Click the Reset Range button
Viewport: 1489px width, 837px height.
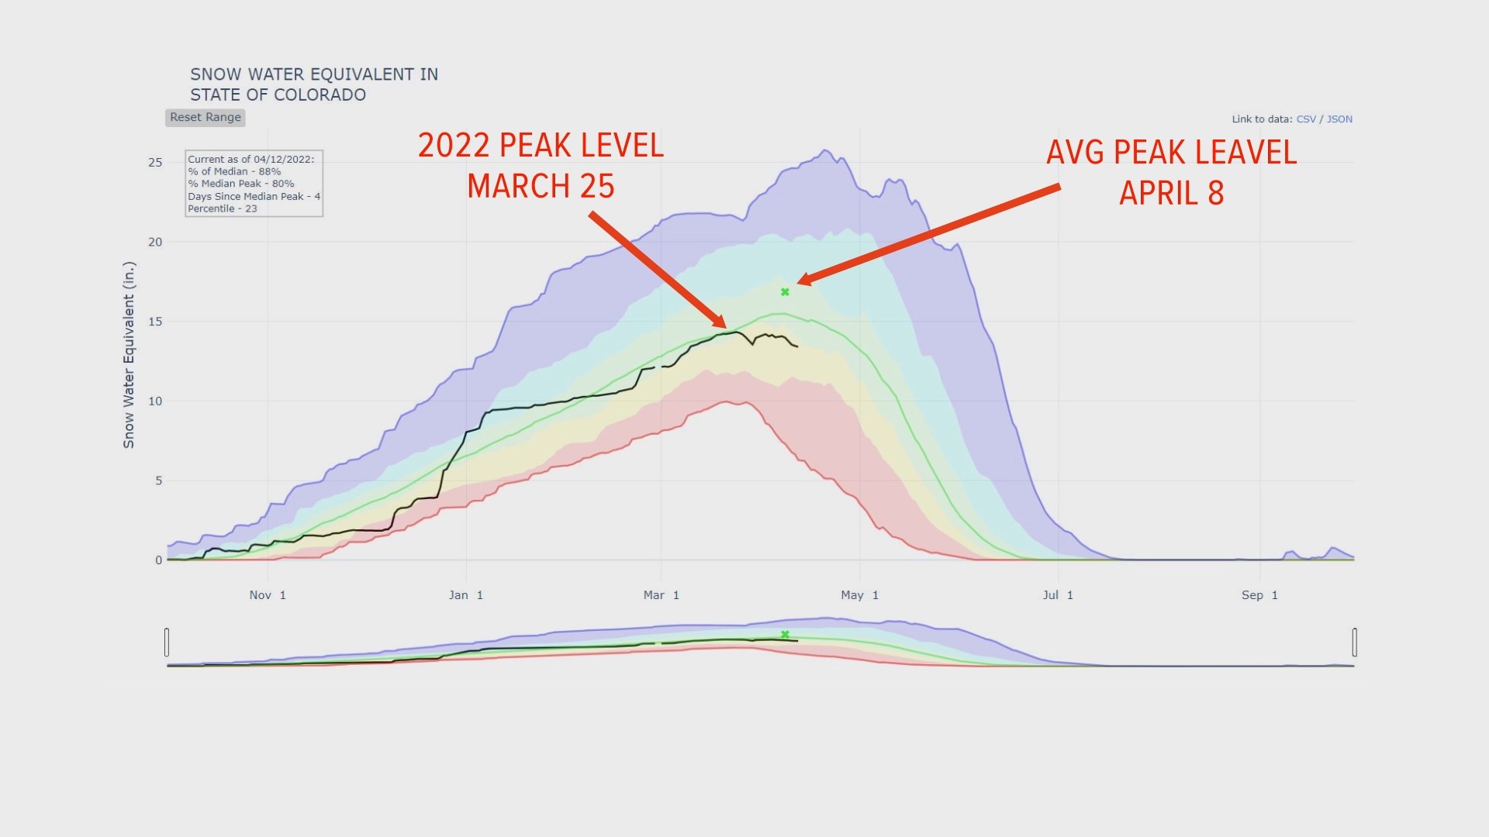[x=206, y=117]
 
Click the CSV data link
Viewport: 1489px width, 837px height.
[x=1306, y=119]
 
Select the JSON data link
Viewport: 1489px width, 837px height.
[x=1339, y=119]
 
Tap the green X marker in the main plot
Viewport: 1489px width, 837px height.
[x=785, y=292]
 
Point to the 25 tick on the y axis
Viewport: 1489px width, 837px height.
[x=156, y=162]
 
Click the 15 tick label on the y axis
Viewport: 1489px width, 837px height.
[x=156, y=322]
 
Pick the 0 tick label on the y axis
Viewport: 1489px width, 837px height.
[x=159, y=560]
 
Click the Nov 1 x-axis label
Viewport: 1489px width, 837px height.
[x=268, y=595]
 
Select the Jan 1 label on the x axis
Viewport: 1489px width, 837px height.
[x=466, y=595]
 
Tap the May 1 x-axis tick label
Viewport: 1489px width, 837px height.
[x=859, y=595]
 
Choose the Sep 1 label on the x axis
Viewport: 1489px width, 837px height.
[x=1259, y=595]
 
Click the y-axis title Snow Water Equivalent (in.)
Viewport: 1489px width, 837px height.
[x=129, y=354]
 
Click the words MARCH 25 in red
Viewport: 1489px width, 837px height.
[x=541, y=187]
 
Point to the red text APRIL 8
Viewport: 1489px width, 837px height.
[x=1171, y=193]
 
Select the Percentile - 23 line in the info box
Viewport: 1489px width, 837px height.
[x=223, y=208]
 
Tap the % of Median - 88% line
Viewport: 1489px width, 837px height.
[x=234, y=171]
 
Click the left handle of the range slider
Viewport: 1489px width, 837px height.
[x=167, y=642]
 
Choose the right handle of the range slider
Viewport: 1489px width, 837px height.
[x=1354, y=642]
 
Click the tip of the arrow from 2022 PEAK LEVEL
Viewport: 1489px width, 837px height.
[x=725, y=328]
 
